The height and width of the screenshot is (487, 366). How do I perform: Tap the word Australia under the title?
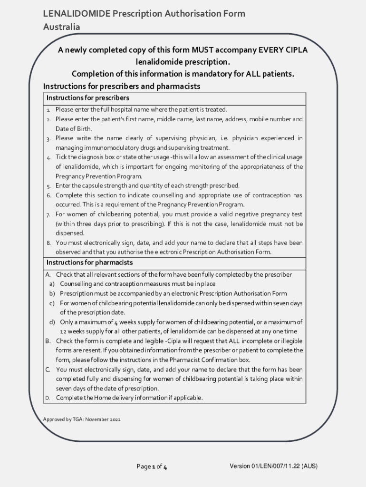point(61,27)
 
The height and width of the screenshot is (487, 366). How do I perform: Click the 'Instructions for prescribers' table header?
point(88,98)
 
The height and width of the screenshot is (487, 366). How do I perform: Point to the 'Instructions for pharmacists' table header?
point(89,263)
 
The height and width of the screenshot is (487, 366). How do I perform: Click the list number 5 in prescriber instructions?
point(48,186)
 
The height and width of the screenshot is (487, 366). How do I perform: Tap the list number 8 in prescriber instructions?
point(48,243)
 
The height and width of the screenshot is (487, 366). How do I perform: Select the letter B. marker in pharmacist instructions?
point(48,341)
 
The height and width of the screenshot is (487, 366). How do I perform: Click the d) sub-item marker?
point(52,322)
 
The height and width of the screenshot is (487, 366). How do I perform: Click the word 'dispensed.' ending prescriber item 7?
point(70,233)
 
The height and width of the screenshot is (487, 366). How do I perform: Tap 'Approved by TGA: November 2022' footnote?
point(82,419)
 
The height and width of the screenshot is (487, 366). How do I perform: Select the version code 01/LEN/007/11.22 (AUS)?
point(274,466)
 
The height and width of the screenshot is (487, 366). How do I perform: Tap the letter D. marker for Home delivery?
point(48,398)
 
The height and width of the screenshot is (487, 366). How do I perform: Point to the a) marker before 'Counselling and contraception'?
point(52,284)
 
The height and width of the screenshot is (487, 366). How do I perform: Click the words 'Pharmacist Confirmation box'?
point(210,360)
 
